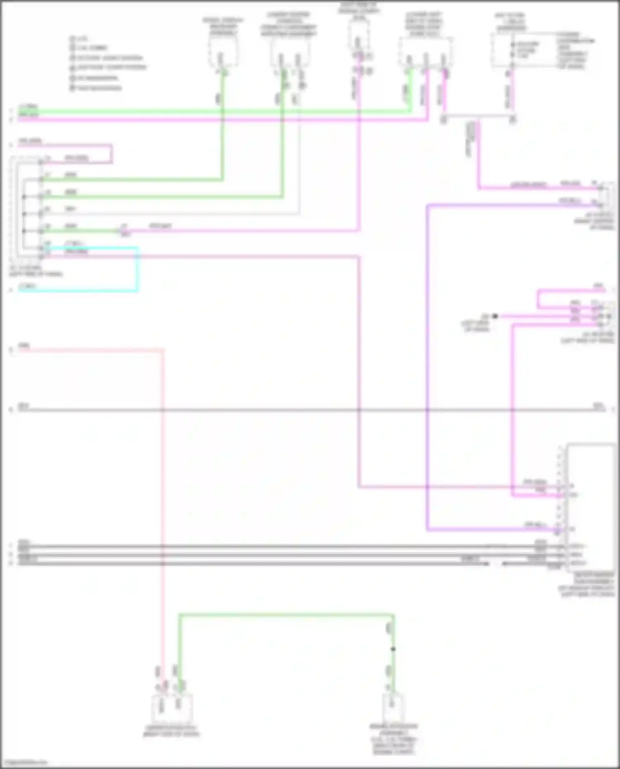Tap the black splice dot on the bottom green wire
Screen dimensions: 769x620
[393, 649]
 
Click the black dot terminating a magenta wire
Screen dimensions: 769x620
[495, 316]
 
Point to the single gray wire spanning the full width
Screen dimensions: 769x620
[289, 410]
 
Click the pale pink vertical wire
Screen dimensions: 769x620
[162, 496]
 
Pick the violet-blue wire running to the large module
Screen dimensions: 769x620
[427, 372]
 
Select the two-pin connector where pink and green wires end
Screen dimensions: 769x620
[171, 707]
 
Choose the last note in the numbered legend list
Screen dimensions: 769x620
[97, 88]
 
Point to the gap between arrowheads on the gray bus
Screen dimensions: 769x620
[495, 563]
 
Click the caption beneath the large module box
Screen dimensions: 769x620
[587, 585]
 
